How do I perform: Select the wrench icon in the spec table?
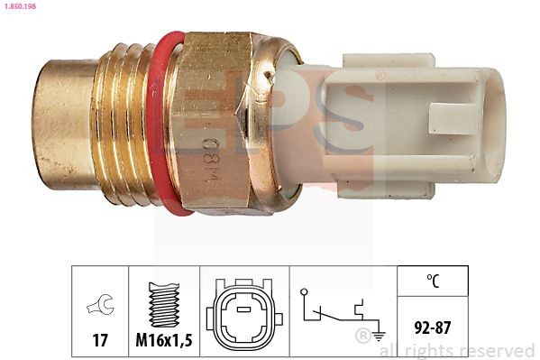point(100,306)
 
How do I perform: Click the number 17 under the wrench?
point(100,340)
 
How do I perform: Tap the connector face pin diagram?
point(243,315)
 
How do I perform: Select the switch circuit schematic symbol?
point(338,311)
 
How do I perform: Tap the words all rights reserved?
point(458,350)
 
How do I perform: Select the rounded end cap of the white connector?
point(492,122)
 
